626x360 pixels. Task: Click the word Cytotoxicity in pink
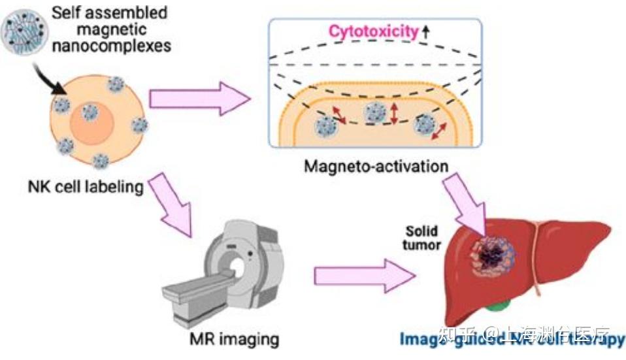coord(373,31)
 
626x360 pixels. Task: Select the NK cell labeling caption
coord(95,187)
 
